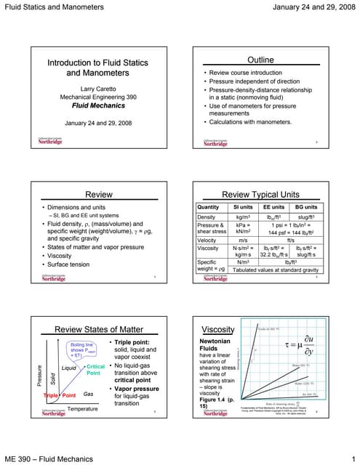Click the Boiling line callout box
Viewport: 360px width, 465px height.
click(x=79, y=349)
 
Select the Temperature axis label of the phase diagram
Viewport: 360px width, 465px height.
click(x=83, y=410)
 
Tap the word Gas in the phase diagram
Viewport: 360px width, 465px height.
click(x=89, y=393)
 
